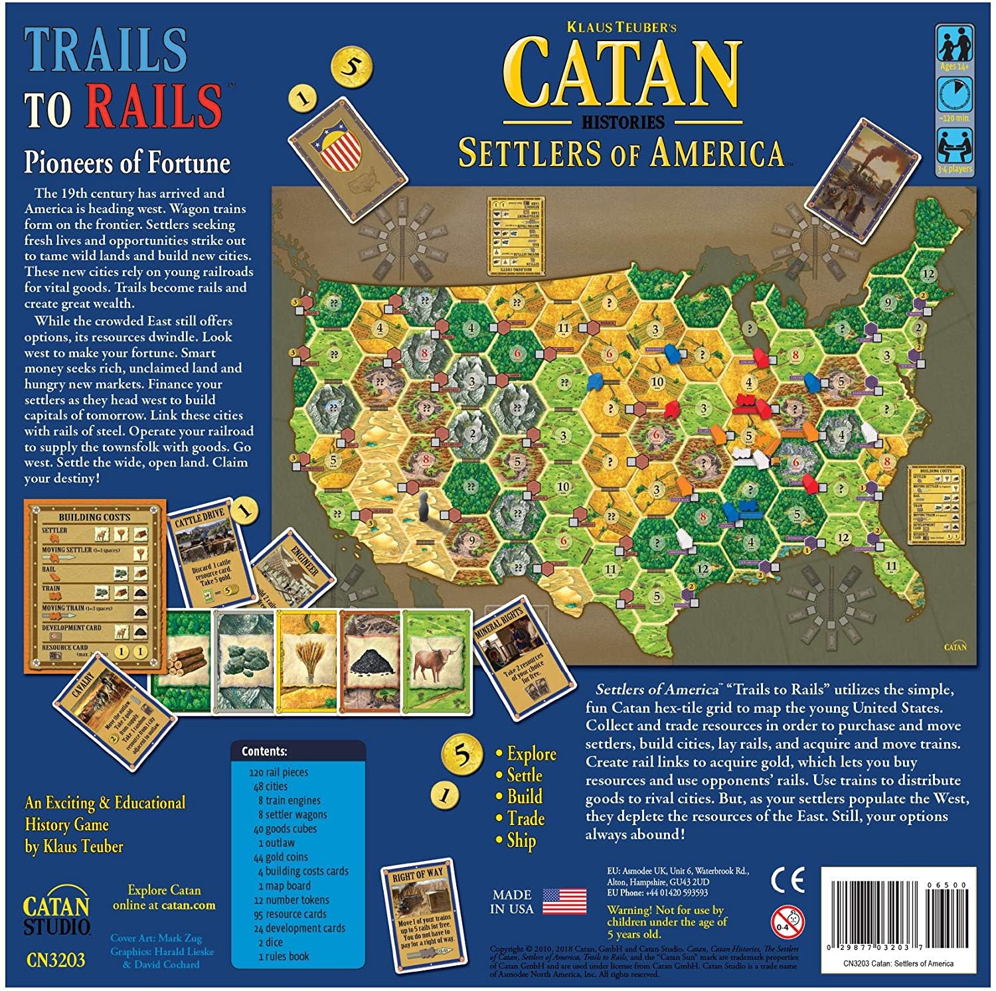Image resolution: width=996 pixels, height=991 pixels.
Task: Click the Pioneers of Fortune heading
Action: [127, 163]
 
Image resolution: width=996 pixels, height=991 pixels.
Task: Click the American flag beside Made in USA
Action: [564, 901]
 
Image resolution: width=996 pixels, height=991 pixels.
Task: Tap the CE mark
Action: [788, 880]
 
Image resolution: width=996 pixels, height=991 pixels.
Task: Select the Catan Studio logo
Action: [56, 915]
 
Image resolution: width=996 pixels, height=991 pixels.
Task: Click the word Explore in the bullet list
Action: [531, 754]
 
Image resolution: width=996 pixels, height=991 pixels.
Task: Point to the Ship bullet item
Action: [521, 840]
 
